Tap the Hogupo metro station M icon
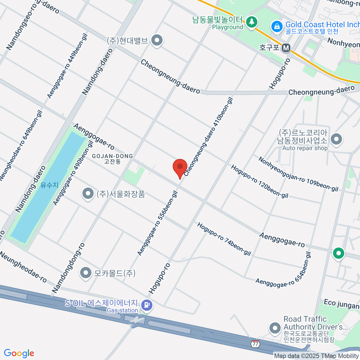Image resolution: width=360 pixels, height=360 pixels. tap(286, 48)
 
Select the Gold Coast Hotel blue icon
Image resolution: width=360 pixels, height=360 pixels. tap(277, 27)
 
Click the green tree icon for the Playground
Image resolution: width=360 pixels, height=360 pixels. tap(252, 22)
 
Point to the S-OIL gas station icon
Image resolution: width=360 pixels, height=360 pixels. tap(147, 305)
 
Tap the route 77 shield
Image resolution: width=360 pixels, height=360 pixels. tap(255, 344)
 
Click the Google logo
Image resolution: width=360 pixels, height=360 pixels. tap(19, 353)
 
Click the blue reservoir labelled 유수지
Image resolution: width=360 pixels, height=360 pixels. tap(48, 186)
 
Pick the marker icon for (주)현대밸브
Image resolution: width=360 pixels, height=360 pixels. tap(156, 40)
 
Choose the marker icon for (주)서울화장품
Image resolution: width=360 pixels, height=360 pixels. tap(88, 194)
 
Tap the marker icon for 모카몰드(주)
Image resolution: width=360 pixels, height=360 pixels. tap(86, 273)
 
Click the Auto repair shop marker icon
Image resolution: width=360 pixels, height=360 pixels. tap(336, 139)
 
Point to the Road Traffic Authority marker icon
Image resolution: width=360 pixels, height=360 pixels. tap(275, 328)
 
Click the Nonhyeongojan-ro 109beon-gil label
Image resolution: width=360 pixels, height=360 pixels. tap(298, 174)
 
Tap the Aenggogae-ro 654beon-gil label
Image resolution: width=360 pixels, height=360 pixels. tap(283, 270)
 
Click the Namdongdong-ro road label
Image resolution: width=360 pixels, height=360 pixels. tap(68, 268)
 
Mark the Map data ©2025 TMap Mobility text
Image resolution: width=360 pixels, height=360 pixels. tap(316, 356)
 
